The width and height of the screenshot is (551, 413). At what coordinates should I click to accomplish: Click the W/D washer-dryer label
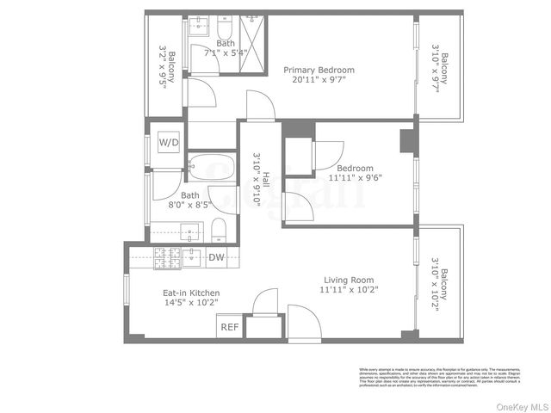(x=169, y=142)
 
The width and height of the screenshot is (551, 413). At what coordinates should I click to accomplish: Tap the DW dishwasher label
(x=216, y=256)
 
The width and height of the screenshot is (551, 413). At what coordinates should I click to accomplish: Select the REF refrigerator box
(x=229, y=327)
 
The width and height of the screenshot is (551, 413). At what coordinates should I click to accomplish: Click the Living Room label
(x=349, y=280)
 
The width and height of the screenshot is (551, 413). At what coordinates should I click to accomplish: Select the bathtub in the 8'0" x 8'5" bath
(x=211, y=166)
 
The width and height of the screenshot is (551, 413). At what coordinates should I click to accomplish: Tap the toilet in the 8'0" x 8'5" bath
(x=219, y=230)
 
